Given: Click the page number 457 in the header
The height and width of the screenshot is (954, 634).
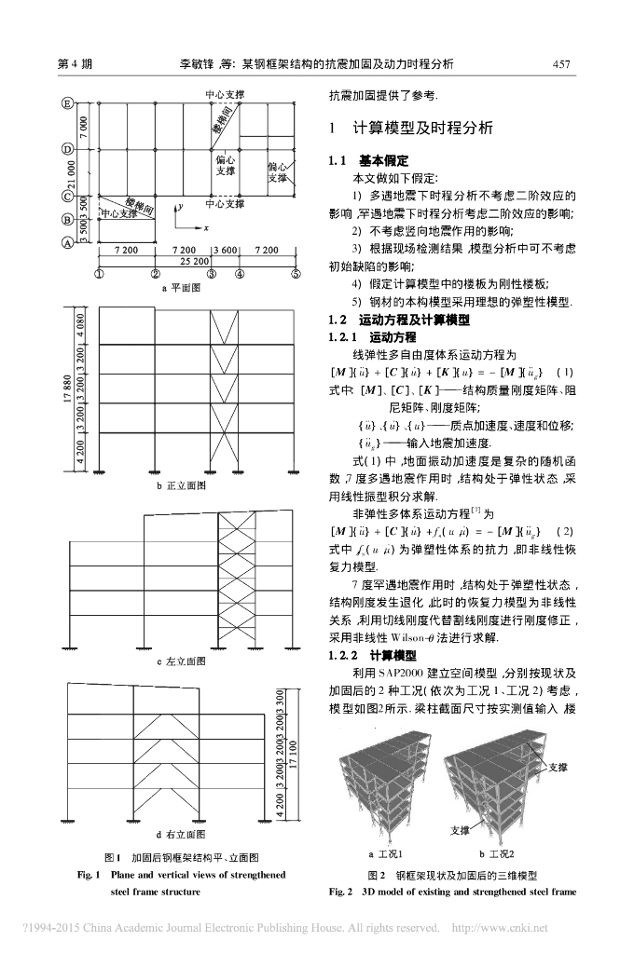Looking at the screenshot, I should (x=560, y=64).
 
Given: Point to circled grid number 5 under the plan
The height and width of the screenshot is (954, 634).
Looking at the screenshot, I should (x=296, y=273).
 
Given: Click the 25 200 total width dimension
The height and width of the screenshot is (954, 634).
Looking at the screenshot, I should (x=194, y=262).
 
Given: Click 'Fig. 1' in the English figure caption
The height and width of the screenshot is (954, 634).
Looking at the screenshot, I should (x=90, y=875).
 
